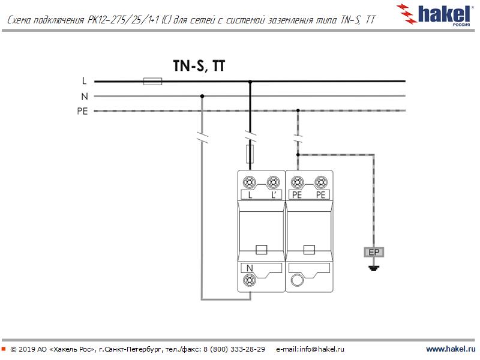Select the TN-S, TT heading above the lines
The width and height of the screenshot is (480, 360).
pos(199,66)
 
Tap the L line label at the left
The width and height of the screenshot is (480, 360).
pos(84,81)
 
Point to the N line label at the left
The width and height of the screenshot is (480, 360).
pos(84,96)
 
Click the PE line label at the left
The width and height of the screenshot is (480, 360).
pos(82,111)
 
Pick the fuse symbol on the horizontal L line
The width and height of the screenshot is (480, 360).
pos(153,81)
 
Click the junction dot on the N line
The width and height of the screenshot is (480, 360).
pos(202,96)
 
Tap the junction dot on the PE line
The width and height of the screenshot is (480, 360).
pos(298,111)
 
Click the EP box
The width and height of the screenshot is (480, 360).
pos(374,252)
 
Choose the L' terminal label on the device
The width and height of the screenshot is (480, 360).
pos(274,195)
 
